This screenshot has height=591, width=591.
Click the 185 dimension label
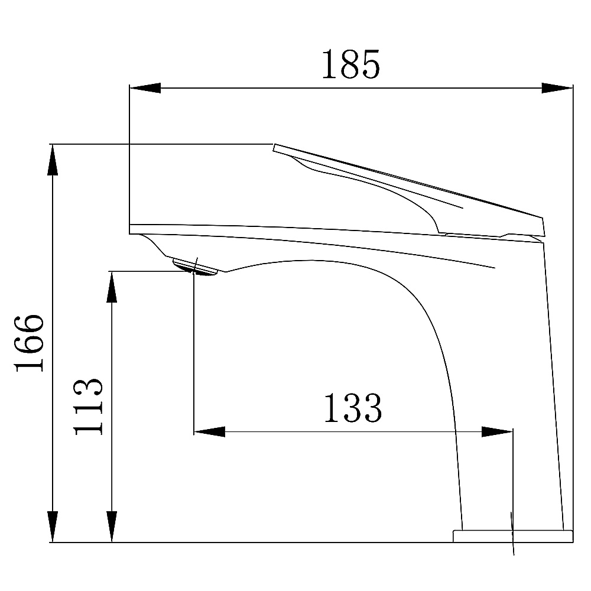[351, 64]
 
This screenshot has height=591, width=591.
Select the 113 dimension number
[88, 406]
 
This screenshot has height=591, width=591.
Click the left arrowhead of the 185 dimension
[145, 88]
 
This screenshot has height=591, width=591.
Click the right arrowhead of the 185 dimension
[557, 88]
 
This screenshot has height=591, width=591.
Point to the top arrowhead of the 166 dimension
[53, 160]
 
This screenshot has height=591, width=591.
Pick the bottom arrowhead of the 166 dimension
[53, 527]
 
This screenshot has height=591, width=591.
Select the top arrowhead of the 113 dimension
[112, 287]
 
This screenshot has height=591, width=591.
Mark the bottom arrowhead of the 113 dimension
[112, 527]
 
